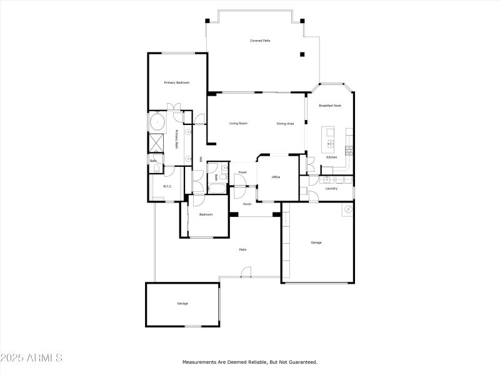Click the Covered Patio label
click(x=260, y=41)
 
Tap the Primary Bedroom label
click(x=177, y=82)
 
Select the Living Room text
click(x=238, y=123)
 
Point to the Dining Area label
click(x=285, y=124)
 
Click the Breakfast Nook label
click(x=330, y=106)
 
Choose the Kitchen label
click(x=332, y=157)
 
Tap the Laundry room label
click(x=331, y=188)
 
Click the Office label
click(x=276, y=177)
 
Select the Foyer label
click(x=242, y=172)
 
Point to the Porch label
click(x=247, y=204)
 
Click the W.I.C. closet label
click(x=167, y=186)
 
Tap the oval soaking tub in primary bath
click(x=156, y=121)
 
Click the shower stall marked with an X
click(x=156, y=142)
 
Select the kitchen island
click(x=328, y=139)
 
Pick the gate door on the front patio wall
click(x=246, y=272)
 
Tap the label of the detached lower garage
click(x=182, y=303)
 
